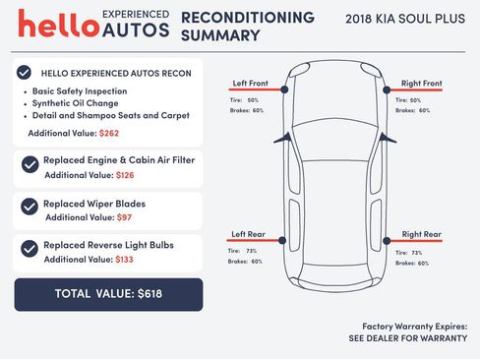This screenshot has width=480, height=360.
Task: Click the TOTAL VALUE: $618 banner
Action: pyautogui.click(x=108, y=294)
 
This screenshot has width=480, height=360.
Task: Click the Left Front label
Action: pyautogui.click(x=251, y=83)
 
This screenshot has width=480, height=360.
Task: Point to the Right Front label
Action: pyautogui.click(x=422, y=83)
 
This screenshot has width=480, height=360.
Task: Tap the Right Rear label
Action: pyautogui.click(x=421, y=234)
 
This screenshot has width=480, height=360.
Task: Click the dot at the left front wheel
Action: pyautogui.click(x=284, y=90)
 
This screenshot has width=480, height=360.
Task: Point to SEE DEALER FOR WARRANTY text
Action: pyautogui.click(x=407, y=337)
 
